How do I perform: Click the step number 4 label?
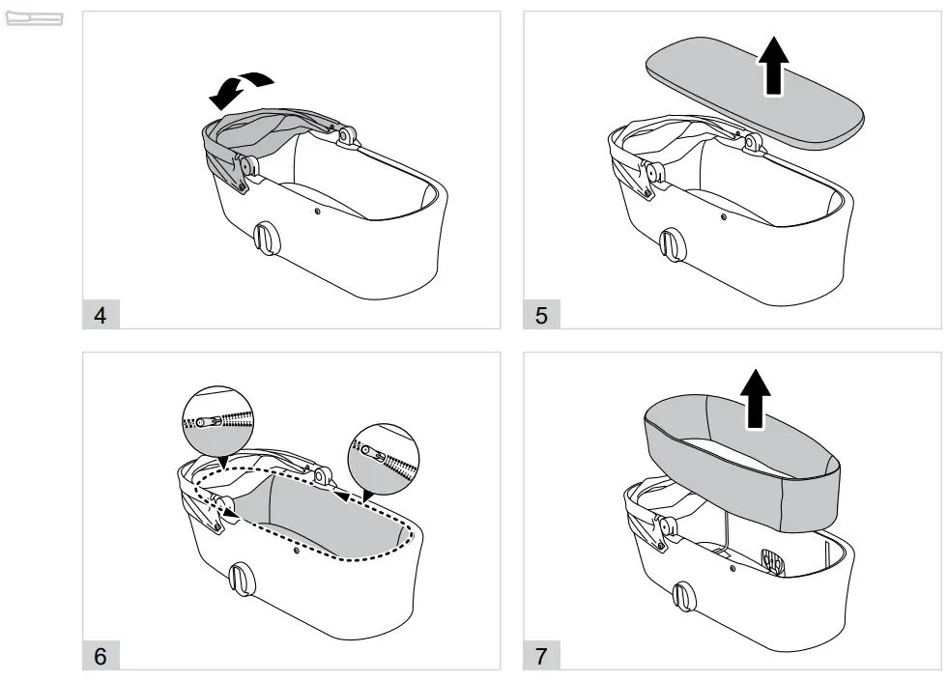click(x=101, y=315)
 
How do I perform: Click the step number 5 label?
click(x=541, y=315)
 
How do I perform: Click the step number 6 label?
click(x=101, y=656)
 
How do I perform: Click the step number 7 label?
click(x=541, y=656)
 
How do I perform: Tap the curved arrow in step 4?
click(x=241, y=86)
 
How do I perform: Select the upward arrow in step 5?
click(x=772, y=67)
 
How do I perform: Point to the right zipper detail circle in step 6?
click(x=384, y=455)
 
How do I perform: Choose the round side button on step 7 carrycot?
click(x=685, y=596)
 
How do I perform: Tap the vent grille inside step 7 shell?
click(x=770, y=561)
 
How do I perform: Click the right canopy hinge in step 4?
click(x=344, y=135)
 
